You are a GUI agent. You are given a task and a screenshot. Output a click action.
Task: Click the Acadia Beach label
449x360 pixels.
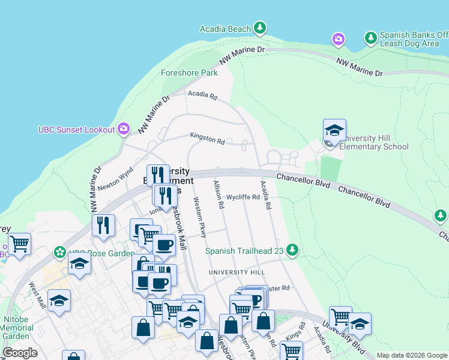(x=225, y=29)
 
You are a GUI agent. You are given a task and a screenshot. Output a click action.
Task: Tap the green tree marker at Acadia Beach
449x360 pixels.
(x=259, y=28)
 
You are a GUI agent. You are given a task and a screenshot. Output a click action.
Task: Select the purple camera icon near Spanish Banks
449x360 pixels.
(x=339, y=39)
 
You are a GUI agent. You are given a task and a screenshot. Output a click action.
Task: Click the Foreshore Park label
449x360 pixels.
(x=189, y=73)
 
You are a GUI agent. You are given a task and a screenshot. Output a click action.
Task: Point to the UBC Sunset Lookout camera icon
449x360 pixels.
(x=124, y=128)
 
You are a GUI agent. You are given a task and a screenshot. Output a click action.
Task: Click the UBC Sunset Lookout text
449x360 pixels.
(x=76, y=129)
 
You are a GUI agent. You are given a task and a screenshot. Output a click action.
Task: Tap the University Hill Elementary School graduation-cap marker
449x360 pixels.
(x=334, y=130)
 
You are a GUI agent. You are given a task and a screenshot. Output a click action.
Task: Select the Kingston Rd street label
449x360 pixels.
(x=207, y=139)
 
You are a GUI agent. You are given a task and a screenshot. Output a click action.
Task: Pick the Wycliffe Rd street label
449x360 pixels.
(x=243, y=197)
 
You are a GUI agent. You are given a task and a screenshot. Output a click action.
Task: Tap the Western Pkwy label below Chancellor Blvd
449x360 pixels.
(x=199, y=217)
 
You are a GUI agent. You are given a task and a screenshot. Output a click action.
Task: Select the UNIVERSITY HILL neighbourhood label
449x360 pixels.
(x=237, y=272)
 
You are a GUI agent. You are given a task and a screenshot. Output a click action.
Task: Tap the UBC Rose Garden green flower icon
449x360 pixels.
(x=60, y=252)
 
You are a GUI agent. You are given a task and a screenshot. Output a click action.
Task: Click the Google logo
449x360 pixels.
(x=20, y=352)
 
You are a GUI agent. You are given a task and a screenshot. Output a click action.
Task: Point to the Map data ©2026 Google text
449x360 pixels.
(x=411, y=355)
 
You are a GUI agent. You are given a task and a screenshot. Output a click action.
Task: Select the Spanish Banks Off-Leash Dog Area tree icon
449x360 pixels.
(x=371, y=38)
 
